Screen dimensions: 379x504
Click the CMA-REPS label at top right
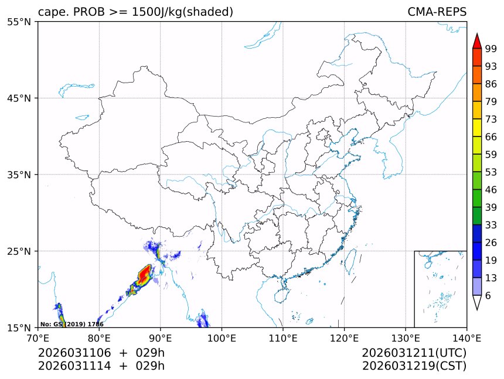(x=437, y=12)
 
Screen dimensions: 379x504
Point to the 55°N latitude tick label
(x=22, y=22)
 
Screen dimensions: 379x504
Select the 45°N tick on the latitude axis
(x=22, y=98)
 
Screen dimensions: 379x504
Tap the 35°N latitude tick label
(x=22, y=175)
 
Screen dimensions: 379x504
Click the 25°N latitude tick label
(x=22, y=251)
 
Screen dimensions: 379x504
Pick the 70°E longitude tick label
(x=38, y=337)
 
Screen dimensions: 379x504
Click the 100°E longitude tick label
(x=222, y=337)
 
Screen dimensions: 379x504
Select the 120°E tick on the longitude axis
(x=344, y=337)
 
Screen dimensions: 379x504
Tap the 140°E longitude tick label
(x=466, y=337)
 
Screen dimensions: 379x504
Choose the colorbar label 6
(x=488, y=296)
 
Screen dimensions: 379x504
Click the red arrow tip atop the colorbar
(x=477, y=40)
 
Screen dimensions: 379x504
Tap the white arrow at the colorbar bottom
(x=477, y=302)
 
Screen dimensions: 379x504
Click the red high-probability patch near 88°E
(x=144, y=274)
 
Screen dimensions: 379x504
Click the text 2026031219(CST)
(x=414, y=366)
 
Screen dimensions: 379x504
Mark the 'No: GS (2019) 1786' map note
(x=71, y=324)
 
